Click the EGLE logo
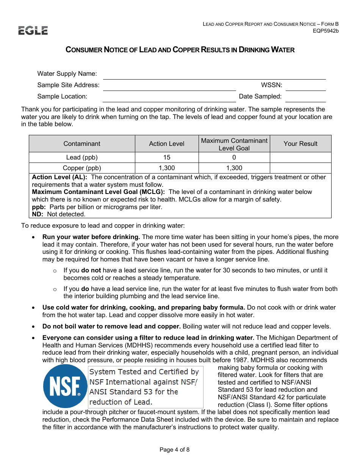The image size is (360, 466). pyautogui.click(x=33, y=31)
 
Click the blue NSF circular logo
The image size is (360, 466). pyautogui.click(x=65, y=386)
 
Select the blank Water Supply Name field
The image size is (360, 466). pyautogui.click(x=214, y=74)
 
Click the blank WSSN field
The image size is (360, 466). pyautogui.click(x=305, y=86)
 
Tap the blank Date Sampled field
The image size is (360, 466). pyautogui.click(x=305, y=97)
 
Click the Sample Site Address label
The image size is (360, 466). pyautogui.click(x=68, y=85)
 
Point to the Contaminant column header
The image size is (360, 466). pyautogui.click(x=82, y=144)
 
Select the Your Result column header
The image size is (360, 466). pyautogui.click(x=301, y=144)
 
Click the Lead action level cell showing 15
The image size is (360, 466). pyautogui.click(x=167, y=158)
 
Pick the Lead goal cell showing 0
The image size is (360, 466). pyautogui.click(x=234, y=158)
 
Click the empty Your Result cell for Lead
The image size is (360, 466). pyautogui.click(x=301, y=158)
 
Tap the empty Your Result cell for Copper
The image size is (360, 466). pyautogui.click(x=301, y=168)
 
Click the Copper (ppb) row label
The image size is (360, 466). pyautogui.click(x=82, y=168)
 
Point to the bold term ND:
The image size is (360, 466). pyautogui.click(x=38, y=214)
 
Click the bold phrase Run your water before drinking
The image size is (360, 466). pyautogui.click(x=91, y=237)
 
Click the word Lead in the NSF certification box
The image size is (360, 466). pyautogui.click(x=142, y=402)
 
